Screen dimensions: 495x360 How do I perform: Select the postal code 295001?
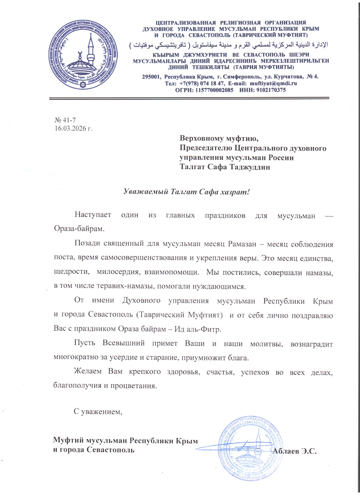[152, 76]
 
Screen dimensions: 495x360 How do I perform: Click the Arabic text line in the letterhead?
[228, 44]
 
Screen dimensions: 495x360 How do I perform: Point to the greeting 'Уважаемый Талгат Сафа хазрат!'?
[186, 191]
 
